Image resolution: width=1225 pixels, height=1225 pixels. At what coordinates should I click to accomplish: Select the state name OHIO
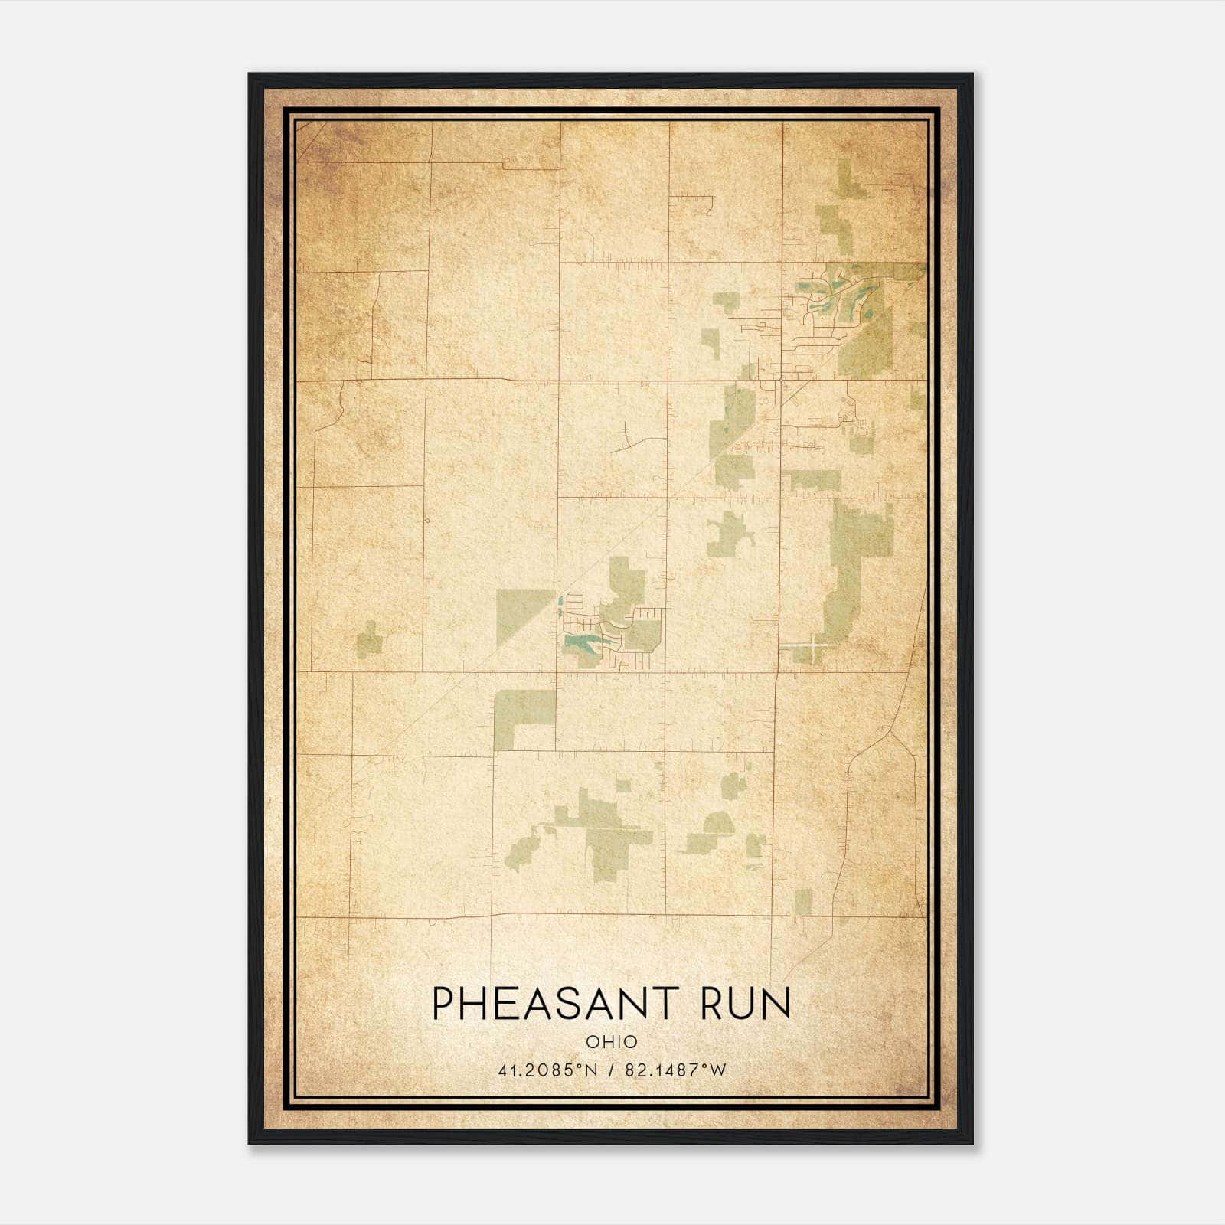coord(611,1041)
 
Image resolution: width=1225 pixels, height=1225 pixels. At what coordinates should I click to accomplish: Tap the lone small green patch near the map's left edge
coord(369,639)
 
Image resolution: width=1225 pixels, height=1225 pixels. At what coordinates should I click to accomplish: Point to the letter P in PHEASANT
coord(442,1004)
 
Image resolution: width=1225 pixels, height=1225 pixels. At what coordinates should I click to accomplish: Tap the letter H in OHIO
coord(605,1041)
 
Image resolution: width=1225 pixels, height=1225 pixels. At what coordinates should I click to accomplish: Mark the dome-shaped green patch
coord(719,824)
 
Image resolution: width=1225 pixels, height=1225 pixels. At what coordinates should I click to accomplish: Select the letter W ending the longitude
coord(717,1070)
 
